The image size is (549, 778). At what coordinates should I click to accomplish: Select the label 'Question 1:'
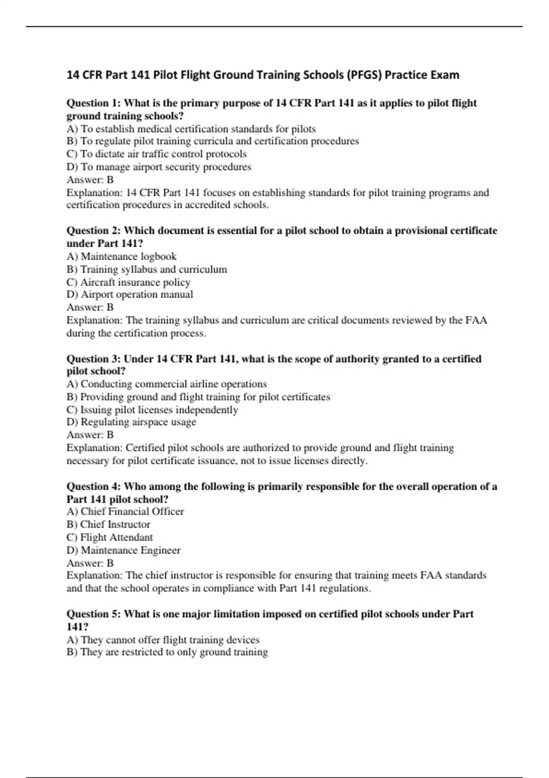click(93, 103)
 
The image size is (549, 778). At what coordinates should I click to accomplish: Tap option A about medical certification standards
click(191, 129)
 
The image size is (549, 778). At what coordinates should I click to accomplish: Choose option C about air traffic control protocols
click(156, 154)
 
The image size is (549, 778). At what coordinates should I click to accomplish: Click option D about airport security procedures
click(159, 167)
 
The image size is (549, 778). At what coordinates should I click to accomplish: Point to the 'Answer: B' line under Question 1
click(90, 179)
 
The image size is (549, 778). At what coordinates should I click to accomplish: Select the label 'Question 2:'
click(93, 231)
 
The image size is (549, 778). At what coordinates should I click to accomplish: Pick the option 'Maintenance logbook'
click(121, 256)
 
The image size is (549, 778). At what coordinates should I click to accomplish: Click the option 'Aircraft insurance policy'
click(128, 282)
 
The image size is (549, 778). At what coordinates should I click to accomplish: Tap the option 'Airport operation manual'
click(129, 294)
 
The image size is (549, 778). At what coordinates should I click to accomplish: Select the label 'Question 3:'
click(93, 359)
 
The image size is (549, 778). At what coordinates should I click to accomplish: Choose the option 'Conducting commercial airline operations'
click(167, 384)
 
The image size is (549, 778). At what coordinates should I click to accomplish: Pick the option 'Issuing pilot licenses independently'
click(152, 410)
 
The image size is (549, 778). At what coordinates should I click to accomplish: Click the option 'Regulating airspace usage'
click(131, 422)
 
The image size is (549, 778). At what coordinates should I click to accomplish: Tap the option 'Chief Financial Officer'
click(125, 512)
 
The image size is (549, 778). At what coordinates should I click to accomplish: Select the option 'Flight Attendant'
click(109, 537)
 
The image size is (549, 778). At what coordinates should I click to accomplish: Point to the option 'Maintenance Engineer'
click(124, 550)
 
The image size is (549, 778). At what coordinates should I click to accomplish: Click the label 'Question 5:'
click(93, 614)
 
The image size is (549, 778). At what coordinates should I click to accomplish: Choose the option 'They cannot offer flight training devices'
click(163, 640)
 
